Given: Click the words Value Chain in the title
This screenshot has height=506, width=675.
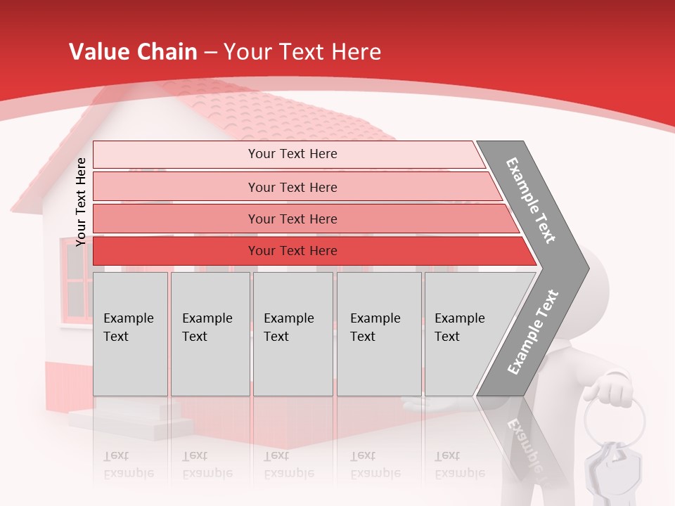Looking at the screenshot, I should click(133, 52).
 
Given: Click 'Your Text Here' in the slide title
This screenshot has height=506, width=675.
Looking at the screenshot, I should click(302, 52).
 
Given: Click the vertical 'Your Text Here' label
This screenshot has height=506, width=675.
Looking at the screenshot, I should click(81, 202).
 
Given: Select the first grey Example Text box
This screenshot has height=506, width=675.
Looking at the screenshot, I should click(130, 334).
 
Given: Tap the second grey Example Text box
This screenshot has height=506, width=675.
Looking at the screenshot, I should click(210, 334).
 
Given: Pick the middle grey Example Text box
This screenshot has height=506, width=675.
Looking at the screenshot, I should click(292, 334).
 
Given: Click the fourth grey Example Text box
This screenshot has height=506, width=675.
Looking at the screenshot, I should click(378, 334).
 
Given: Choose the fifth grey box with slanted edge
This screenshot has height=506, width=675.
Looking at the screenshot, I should click(464, 334).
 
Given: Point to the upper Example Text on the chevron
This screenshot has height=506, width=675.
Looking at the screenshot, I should click(531, 200).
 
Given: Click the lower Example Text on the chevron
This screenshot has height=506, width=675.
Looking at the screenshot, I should click(532, 332).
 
